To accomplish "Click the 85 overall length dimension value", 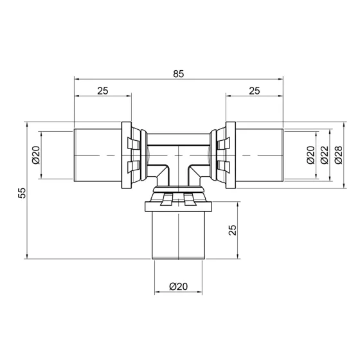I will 178,74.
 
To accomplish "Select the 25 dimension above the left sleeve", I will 103,91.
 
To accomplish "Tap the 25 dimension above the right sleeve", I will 254,91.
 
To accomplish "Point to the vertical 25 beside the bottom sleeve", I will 233,230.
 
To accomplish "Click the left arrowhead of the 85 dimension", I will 77,80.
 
